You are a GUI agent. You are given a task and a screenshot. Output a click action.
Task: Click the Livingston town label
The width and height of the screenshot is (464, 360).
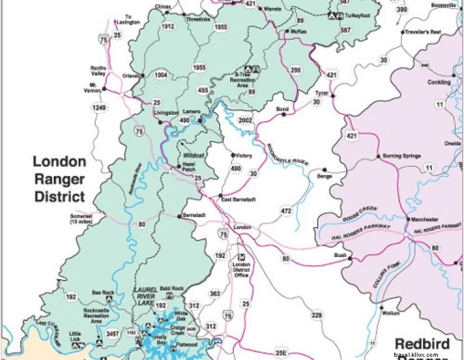[x=165, y=112]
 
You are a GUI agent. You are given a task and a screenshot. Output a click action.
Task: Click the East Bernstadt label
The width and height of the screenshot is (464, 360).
[x=239, y=199]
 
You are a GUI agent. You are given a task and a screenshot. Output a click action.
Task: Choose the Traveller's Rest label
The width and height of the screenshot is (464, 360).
[x=423, y=32]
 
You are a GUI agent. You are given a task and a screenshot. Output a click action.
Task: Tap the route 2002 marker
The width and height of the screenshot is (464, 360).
[x=246, y=120]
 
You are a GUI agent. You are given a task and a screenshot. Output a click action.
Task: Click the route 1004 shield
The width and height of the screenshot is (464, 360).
[x=161, y=75]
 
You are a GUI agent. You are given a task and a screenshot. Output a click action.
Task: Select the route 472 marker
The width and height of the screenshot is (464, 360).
[x=286, y=212]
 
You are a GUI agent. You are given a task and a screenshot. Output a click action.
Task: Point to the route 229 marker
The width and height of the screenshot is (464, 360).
[x=317, y=316]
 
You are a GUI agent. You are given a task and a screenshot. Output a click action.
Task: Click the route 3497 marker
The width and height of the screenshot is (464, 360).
[x=113, y=334]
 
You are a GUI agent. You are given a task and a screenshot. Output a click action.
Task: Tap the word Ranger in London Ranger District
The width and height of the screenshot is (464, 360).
[x=59, y=180]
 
